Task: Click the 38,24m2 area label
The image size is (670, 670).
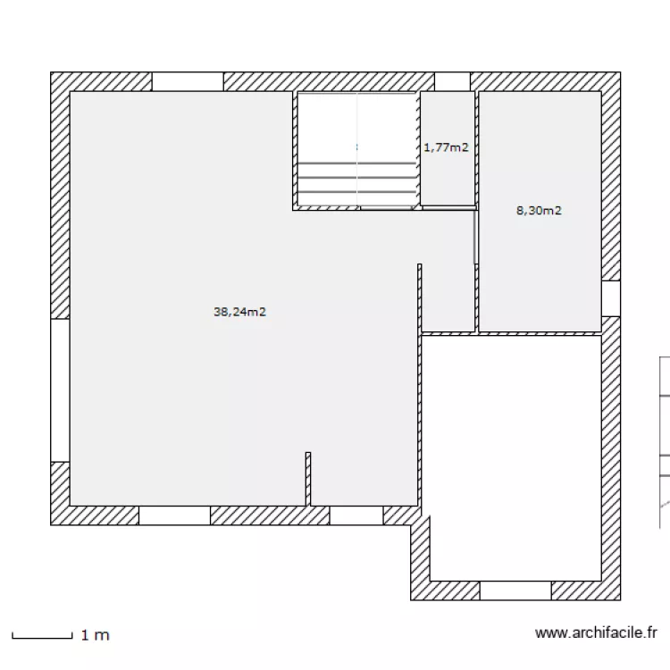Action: click(239, 312)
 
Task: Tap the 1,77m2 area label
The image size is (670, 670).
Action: click(446, 147)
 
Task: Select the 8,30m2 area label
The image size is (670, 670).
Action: click(539, 210)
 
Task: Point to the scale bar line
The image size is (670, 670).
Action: click(42, 636)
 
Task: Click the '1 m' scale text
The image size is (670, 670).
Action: click(96, 635)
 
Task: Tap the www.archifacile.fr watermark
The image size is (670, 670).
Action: click(596, 632)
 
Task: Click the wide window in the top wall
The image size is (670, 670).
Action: click(188, 81)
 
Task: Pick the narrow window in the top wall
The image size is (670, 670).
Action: click(453, 81)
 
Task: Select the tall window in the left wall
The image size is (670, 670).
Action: click(60, 390)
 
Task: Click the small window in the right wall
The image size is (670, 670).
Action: click(611, 298)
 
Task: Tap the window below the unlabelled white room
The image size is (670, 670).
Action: click(515, 590)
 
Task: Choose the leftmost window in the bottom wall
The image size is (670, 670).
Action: click(174, 515)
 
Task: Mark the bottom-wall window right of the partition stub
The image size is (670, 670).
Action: click(356, 515)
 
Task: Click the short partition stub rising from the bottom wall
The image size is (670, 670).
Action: click(308, 479)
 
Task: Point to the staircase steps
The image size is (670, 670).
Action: click(356, 178)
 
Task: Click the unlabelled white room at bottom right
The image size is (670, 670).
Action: click(512, 458)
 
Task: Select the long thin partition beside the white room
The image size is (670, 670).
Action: click(420, 385)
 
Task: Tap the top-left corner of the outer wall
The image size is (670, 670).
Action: click(51, 72)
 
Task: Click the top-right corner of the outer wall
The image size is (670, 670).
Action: click(621, 72)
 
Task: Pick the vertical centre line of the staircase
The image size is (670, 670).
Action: click(357, 149)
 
